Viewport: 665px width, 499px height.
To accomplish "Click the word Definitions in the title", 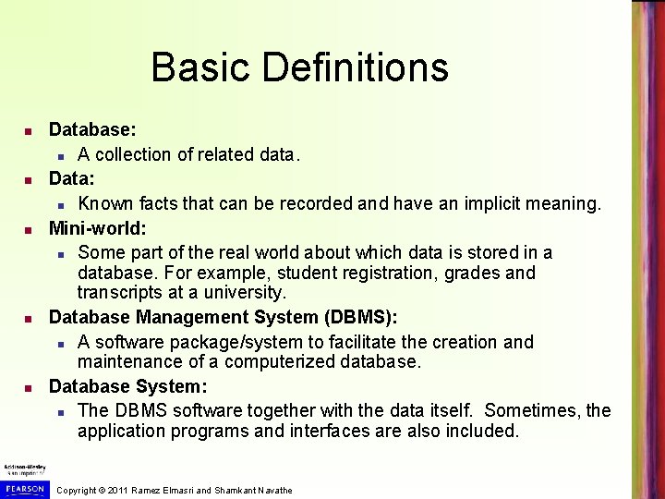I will [x=356, y=67].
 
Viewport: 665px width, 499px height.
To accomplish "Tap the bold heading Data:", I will [x=71, y=178].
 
